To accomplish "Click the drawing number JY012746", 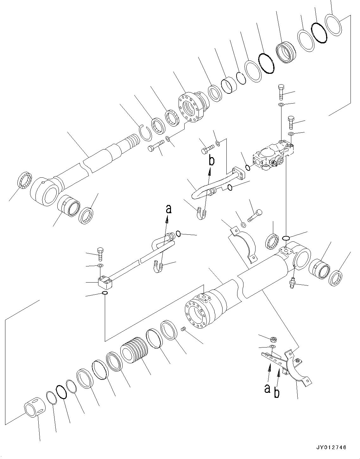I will tap(331, 448).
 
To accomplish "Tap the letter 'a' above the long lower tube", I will tap(169, 209).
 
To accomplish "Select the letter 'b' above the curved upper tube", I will tap(211, 160).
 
